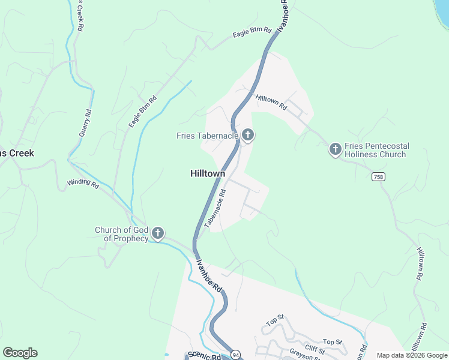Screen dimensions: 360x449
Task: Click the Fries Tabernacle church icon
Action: [x=248, y=135]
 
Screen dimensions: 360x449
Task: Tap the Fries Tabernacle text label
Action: [x=208, y=136]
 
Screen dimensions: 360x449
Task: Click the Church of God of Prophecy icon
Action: [x=158, y=233]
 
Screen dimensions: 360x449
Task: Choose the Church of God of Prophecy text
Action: [x=121, y=234]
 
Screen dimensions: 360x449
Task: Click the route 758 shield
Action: [x=378, y=176]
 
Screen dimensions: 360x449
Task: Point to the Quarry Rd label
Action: [x=85, y=122]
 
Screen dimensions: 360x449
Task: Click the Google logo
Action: [x=20, y=353]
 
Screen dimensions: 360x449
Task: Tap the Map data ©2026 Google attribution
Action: [x=411, y=355]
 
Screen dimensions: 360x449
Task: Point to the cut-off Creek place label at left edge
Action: [x=17, y=153]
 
